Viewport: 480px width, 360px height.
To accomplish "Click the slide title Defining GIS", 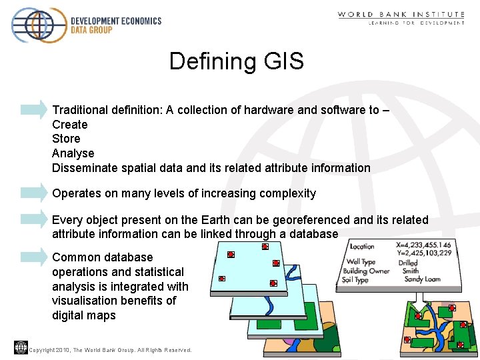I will coord(236,61).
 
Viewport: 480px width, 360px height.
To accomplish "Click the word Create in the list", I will coord(70,125).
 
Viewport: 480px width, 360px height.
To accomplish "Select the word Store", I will coord(66,139).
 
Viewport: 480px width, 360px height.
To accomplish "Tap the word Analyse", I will coord(73,153).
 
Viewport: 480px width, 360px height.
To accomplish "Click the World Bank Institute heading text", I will coord(401,14).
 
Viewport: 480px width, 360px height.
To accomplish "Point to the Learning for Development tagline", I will coord(417,23).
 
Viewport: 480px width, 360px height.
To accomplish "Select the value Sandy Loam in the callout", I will coord(423,279).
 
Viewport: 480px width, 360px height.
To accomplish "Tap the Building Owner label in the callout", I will coord(366,271).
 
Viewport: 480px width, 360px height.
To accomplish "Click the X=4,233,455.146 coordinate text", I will coord(423,245).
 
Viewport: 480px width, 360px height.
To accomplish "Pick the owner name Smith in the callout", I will coord(411,271).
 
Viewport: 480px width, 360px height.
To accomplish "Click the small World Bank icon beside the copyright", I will coord(20,347).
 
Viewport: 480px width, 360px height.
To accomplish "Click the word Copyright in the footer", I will coord(43,350).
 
